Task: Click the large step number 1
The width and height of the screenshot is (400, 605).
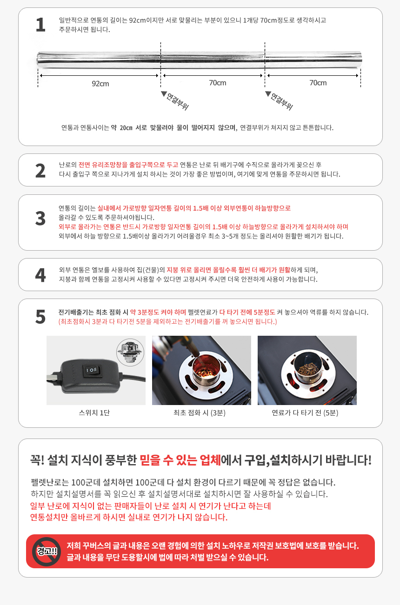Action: [x=40, y=25]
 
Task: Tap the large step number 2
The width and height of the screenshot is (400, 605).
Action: [x=40, y=171]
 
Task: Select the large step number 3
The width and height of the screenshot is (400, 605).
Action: [x=40, y=218]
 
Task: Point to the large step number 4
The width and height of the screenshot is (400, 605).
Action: [x=40, y=275]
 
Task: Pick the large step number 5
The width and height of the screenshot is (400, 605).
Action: [x=40, y=317]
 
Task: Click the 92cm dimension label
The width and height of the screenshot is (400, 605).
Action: [x=100, y=84]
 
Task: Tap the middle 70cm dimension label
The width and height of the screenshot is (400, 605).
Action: [x=217, y=83]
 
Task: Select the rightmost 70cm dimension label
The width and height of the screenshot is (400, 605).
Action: [x=318, y=83]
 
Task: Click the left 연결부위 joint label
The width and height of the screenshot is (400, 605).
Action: [x=177, y=101]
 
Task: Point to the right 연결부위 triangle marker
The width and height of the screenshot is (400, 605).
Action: [x=268, y=93]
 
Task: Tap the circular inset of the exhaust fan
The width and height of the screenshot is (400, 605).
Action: [x=130, y=352]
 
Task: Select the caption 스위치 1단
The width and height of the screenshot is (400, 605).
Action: [x=94, y=412]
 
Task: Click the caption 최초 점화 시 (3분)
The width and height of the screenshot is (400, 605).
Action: [x=200, y=412]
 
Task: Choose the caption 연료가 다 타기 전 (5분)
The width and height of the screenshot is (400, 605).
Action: [x=305, y=412]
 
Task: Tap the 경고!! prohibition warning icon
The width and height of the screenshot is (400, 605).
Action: [x=47, y=552]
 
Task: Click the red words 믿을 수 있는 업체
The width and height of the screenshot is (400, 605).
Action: [x=180, y=460]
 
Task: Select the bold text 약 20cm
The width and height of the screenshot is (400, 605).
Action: [x=121, y=128]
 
